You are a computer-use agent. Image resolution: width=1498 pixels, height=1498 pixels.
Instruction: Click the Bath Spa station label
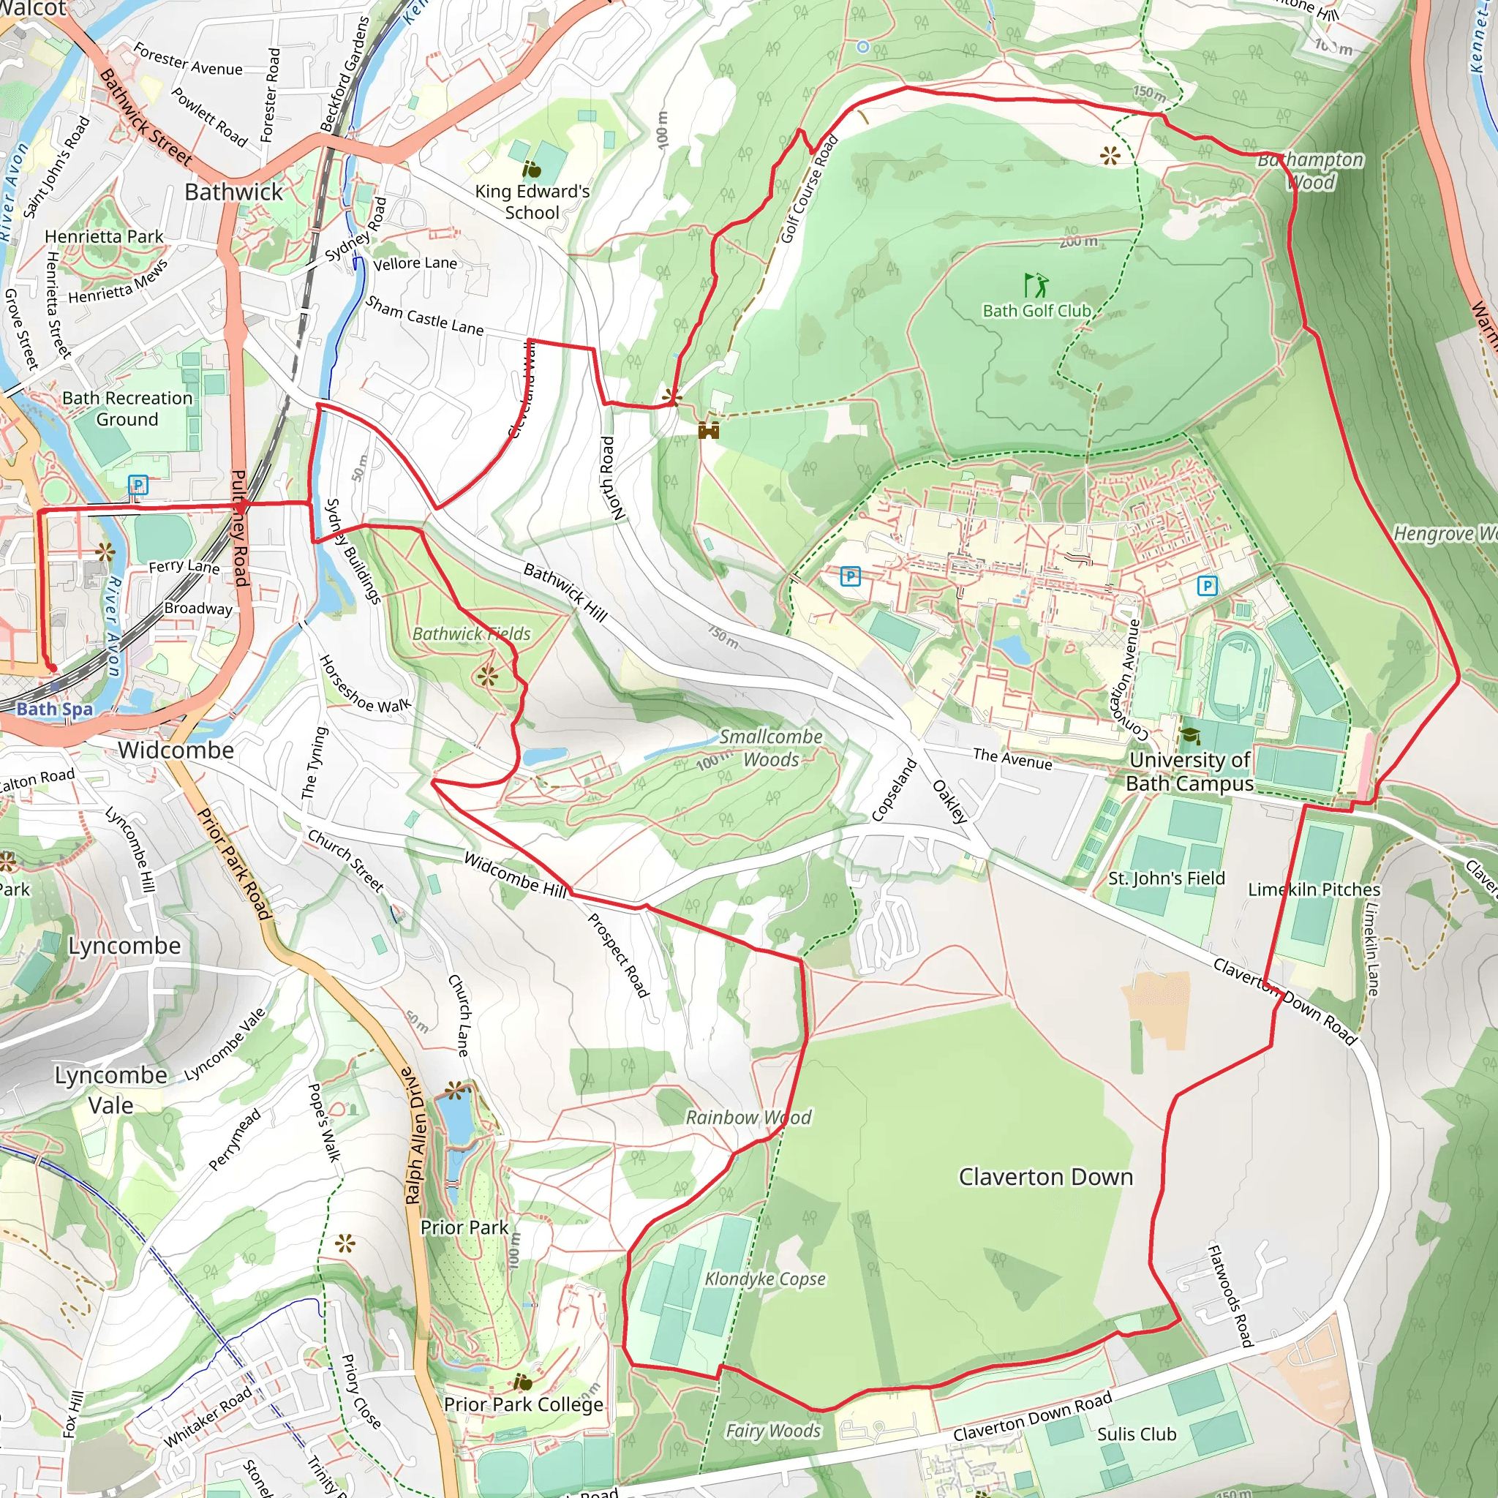coord(54,709)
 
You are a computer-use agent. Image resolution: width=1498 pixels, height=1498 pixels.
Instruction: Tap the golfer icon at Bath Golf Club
coord(1036,285)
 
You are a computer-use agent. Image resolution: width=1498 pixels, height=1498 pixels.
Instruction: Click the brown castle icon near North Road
coord(709,430)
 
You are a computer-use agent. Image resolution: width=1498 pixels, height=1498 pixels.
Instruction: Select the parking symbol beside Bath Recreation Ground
coord(138,486)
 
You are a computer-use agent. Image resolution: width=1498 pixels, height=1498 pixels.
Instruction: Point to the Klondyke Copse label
coord(764,1279)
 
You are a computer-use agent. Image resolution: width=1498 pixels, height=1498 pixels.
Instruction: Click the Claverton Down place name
coord(1045,1177)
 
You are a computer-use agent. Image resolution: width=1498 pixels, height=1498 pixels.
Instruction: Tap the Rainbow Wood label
coord(748,1118)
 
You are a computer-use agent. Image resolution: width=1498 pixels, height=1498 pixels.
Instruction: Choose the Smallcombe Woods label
coord(771,748)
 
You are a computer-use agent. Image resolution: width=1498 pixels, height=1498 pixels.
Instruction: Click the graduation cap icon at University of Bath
coord(1189,735)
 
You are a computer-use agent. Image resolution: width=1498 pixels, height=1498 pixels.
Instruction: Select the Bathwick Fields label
coord(472,634)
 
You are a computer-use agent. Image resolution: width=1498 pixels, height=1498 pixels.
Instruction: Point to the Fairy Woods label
coord(772,1431)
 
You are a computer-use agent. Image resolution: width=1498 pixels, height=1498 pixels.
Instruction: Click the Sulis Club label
coord(1136,1434)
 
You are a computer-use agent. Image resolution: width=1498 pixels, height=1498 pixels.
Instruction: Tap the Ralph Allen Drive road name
coord(415,1136)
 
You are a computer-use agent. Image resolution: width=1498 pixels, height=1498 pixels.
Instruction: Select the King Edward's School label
coord(532,202)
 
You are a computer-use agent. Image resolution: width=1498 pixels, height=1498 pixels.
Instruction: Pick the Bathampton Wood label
coord(1310,170)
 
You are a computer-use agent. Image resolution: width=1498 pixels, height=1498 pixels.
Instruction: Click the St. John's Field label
coord(1166,878)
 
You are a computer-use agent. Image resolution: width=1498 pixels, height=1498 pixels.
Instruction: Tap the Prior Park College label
coord(524,1404)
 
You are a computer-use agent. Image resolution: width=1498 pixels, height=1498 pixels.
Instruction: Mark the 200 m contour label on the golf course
coord(1079,241)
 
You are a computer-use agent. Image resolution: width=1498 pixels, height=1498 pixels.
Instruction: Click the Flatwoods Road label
coord(1230,1295)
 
